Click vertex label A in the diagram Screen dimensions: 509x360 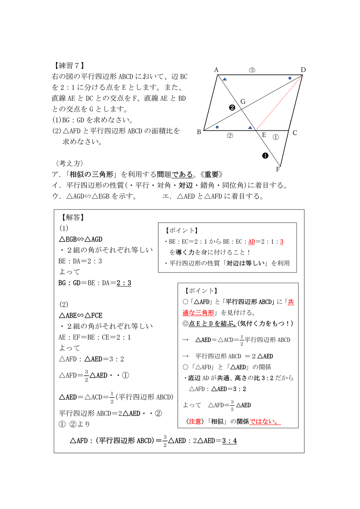click(x=216, y=70)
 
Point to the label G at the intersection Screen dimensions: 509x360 click(x=243, y=102)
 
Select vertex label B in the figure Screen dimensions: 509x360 click(x=199, y=132)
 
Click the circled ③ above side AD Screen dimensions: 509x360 click(x=252, y=70)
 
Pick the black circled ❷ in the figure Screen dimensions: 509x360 click(x=232, y=107)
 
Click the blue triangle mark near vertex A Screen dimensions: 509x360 click(x=225, y=80)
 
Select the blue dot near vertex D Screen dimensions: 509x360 click(x=290, y=78)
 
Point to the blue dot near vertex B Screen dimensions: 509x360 click(x=217, y=127)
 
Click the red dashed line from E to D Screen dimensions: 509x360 click(x=278, y=103)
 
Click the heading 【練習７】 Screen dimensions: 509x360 click(x=68, y=66)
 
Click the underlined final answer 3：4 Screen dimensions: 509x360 click(x=230, y=441)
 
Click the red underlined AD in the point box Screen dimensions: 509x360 click(x=252, y=241)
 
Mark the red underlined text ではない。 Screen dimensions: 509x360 click(x=265, y=421)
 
